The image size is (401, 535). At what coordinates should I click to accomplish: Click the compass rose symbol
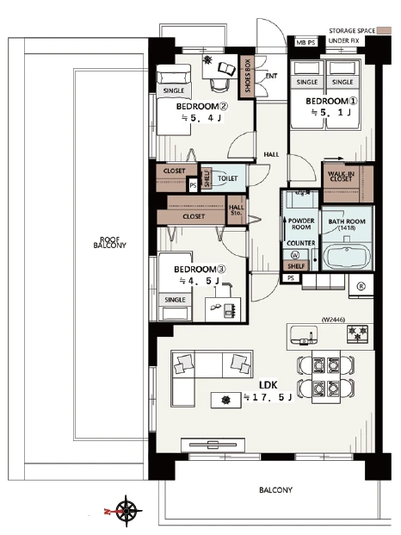[x=126, y=511]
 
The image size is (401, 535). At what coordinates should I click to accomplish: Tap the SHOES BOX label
[x=248, y=76]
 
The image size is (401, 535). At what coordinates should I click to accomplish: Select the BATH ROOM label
[x=347, y=224]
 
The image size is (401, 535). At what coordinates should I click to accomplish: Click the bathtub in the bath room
[x=347, y=256]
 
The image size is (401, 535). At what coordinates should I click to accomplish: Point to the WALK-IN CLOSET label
[x=341, y=177]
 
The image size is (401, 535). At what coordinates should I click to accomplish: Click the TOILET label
[x=227, y=178]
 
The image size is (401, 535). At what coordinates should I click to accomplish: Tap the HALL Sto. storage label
[x=236, y=210]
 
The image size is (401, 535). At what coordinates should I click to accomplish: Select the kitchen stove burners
[x=357, y=333]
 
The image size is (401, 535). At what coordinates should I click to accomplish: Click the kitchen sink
[x=304, y=335]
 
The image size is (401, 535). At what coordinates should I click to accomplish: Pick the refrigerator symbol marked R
[x=361, y=286]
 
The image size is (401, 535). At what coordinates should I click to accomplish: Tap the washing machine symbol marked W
[x=295, y=254]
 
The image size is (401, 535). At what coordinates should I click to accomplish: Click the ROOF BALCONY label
[x=109, y=242]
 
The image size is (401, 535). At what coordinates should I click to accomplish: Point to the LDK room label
[x=268, y=386]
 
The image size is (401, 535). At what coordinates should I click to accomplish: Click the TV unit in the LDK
[x=213, y=445]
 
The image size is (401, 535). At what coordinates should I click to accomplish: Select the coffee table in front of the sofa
[x=225, y=400]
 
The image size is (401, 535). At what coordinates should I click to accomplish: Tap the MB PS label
[x=305, y=43]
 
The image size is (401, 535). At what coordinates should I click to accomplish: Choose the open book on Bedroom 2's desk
[x=227, y=69]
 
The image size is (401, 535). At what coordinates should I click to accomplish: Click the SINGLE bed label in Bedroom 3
[x=175, y=300]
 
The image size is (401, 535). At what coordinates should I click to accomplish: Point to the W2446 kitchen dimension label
[x=333, y=320]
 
